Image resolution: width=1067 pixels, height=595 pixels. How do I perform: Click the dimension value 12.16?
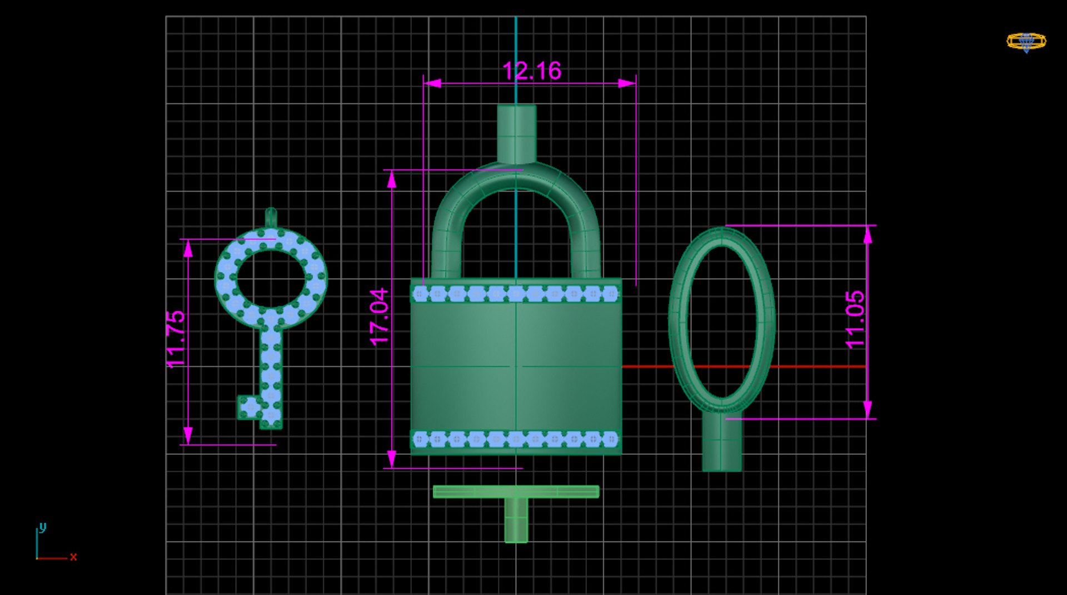532,71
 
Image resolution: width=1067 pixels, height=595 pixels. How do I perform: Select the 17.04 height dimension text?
380,317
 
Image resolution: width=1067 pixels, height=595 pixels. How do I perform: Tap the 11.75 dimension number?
176,339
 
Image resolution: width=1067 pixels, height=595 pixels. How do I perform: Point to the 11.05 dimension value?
855,320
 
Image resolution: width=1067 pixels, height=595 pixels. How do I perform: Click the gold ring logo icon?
1026,42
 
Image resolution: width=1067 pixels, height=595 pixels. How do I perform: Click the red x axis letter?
73,557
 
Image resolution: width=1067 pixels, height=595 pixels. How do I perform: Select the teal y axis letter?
43,527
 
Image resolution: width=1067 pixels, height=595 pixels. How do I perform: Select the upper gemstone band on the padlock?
516,293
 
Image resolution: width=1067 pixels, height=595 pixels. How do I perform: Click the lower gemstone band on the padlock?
516,439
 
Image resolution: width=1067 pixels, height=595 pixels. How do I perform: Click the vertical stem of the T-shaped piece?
516,520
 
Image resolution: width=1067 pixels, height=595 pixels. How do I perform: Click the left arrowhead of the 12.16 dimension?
432,83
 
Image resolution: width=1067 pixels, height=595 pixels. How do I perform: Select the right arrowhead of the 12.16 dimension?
627,83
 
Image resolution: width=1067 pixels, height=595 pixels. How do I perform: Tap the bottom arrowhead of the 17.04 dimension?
392,459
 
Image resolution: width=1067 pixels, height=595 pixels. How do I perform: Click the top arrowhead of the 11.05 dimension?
868,235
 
